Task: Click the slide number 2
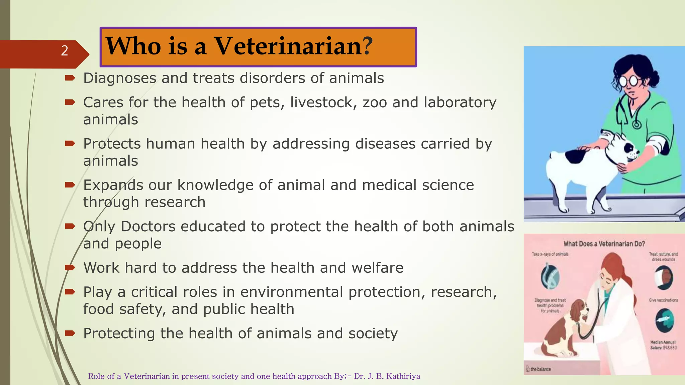click(65, 51)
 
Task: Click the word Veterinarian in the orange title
click(288, 46)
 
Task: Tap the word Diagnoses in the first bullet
click(119, 79)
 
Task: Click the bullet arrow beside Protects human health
click(70, 144)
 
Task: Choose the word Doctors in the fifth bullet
click(148, 227)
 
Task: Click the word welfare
click(377, 268)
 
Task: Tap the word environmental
click(291, 292)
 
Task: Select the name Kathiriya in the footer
click(403, 376)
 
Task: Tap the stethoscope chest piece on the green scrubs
click(637, 125)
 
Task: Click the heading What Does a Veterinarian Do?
click(604, 244)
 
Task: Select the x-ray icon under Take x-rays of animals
click(550, 276)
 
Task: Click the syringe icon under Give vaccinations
click(664, 320)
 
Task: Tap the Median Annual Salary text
click(663, 345)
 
